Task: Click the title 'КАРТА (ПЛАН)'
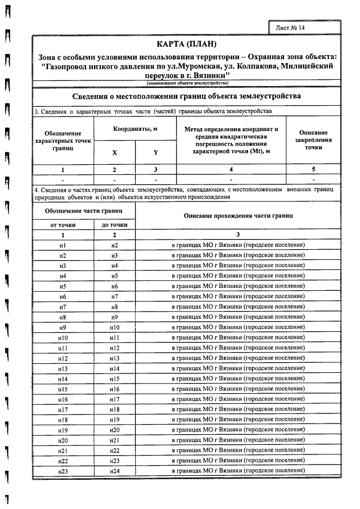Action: (x=186, y=44)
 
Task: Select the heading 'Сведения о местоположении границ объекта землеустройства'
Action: (x=186, y=96)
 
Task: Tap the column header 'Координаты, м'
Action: (x=135, y=129)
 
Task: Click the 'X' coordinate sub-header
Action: (x=114, y=152)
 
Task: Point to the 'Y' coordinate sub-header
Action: (x=156, y=152)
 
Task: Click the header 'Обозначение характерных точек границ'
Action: (x=63, y=141)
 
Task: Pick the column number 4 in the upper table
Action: (x=231, y=169)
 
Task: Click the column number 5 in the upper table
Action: (x=313, y=169)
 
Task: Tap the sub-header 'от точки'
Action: (x=63, y=224)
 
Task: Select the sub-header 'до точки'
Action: (x=115, y=224)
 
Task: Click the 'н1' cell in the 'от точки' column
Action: (x=63, y=246)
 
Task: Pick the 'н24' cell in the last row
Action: (x=115, y=470)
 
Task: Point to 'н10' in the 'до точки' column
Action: (x=115, y=327)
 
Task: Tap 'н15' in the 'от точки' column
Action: (x=63, y=389)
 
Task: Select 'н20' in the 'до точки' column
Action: (x=115, y=430)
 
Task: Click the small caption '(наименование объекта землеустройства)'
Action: (x=186, y=83)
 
